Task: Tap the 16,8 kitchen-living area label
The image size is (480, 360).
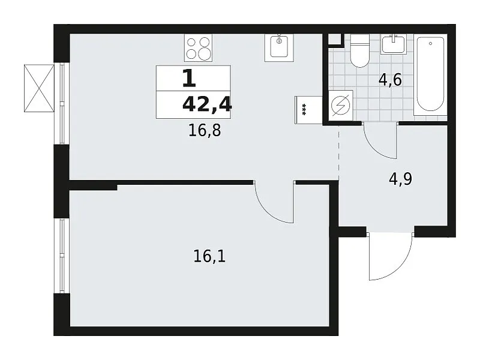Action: [205, 131]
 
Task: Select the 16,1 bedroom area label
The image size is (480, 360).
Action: [209, 256]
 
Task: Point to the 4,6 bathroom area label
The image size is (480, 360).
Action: [390, 80]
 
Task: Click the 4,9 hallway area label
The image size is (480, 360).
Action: [400, 179]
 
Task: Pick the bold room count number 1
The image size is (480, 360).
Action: [189, 79]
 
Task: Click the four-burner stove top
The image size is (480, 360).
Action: [198, 48]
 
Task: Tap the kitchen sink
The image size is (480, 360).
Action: [279, 47]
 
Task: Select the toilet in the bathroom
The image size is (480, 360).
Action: [359, 50]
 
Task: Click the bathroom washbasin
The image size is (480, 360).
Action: [394, 44]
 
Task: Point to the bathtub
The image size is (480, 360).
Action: [430, 74]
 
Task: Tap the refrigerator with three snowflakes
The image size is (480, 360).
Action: [308, 110]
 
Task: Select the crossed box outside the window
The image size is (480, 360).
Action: [39, 88]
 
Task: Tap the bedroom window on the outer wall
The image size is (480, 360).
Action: [62, 256]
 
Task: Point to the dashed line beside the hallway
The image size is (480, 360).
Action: [338, 153]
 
